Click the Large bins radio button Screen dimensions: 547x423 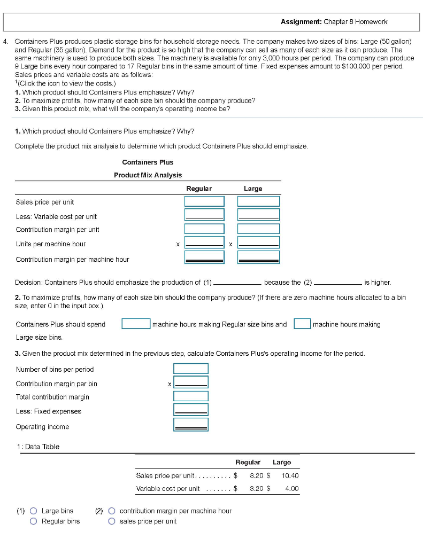click(34, 511)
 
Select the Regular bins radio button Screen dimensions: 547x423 click(34, 521)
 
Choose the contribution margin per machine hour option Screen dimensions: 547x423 click(112, 511)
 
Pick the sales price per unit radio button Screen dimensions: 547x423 click(112, 521)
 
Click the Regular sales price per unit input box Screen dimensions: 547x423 click(204, 201)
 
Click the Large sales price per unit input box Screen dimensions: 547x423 click(258, 201)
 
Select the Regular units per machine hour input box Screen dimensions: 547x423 click(204, 243)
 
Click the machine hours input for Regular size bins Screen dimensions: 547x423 click(135, 324)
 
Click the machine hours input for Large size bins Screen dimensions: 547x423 click(302, 324)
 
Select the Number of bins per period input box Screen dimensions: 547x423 click(190, 369)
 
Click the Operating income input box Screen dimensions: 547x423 click(190, 425)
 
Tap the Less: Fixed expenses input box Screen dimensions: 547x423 click(190, 410)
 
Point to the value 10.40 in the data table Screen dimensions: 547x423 click(290, 475)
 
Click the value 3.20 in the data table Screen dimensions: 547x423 click(258, 488)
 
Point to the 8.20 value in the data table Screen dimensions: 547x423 click(258, 475)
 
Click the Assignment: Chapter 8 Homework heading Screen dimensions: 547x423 click(334, 22)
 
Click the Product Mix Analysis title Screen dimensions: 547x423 click(148, 175)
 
